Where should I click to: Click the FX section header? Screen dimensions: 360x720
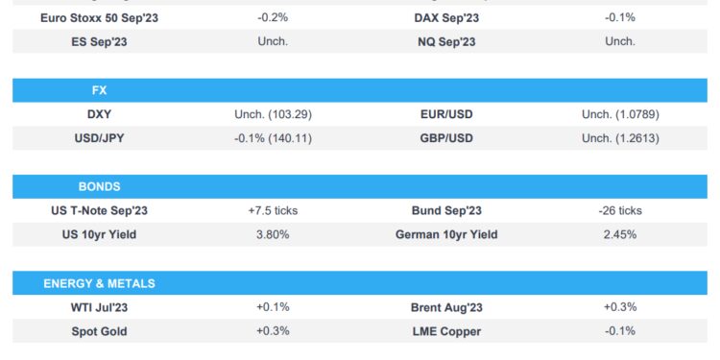coord(98,90)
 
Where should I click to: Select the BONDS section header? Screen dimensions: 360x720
coord(99,186)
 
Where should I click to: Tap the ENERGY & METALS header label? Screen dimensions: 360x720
coord(99,283)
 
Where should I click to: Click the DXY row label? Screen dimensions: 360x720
coord(99,114)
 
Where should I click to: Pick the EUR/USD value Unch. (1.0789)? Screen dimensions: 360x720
coord(619,114)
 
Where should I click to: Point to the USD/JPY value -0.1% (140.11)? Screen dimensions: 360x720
coord(273,138)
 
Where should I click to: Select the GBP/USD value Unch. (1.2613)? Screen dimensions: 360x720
coord(619,138)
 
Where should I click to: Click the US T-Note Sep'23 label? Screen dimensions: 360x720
coord(99,210)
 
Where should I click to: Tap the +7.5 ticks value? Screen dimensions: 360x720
coord(273,210)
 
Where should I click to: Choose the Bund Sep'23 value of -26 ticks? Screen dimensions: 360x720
coord(619,210)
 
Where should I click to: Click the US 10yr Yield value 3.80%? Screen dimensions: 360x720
coord(273,234)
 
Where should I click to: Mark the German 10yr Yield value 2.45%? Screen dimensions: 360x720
coord(619,234)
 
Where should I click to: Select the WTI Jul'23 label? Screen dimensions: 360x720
coord(99,307)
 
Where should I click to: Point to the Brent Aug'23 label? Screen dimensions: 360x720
coord(446,307)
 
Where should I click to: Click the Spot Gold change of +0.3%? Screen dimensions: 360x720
coord(273,331)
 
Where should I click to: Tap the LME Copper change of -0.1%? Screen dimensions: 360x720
coord(619,331)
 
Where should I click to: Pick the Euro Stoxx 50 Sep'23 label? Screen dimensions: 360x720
coord(99,17)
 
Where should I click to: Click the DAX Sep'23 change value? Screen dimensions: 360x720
coord(619,17)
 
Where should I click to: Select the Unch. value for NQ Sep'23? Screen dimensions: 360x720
coord(619,41)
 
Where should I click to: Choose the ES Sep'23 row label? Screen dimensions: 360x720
coord(99,41)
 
